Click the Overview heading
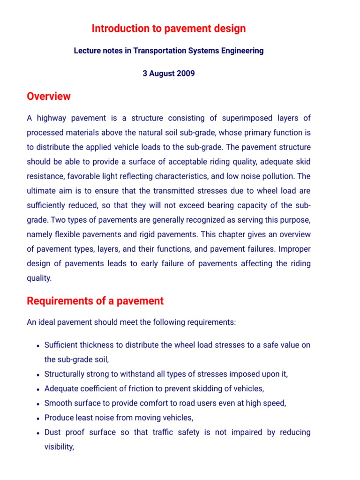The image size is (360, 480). coord(49,96)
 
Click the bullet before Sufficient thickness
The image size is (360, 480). coord(37,345)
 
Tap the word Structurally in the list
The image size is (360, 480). coord(65,374)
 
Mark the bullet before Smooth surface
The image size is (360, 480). coord(37,404)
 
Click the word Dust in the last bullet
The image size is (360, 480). coord(53,432)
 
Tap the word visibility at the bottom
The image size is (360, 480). coord(59,447)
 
